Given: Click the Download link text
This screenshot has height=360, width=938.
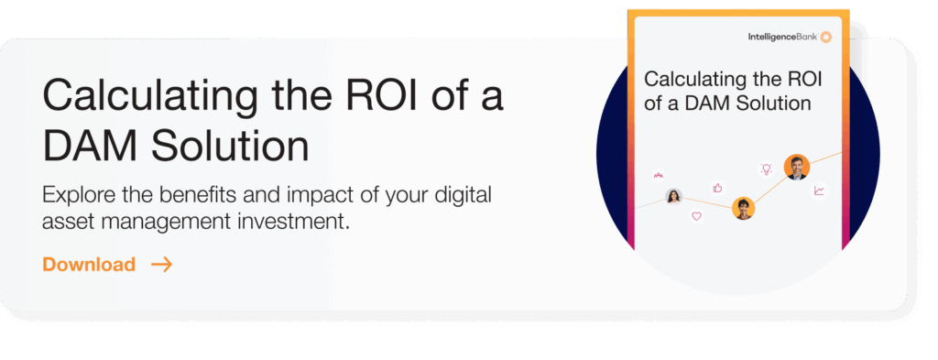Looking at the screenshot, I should point(89,265).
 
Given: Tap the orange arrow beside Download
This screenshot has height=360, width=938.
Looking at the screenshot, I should point(162,265).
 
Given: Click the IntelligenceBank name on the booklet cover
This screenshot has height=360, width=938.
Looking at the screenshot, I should point(782,37).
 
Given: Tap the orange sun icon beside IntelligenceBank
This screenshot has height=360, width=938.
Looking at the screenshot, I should point(825,37).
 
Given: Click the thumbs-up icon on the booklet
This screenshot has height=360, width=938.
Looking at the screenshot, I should point(717,187).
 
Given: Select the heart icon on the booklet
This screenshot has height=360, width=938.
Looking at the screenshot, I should point(696,216).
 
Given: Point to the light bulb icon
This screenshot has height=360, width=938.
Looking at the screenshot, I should point(766,169).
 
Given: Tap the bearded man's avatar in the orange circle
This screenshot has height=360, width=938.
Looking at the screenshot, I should point(796,167).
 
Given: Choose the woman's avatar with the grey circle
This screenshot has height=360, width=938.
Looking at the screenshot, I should point(674,196).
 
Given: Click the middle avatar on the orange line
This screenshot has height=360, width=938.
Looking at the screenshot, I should point(743,208).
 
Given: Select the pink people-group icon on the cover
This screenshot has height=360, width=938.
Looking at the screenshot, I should point(657,174).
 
